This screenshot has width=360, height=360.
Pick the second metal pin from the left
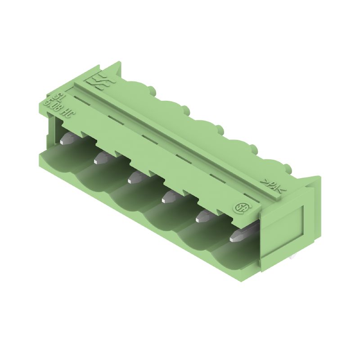tap(103, 157)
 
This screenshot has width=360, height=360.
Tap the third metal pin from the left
tap(135, 177)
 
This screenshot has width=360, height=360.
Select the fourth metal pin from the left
tap(169, 196)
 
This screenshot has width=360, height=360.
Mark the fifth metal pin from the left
tap(203, 216)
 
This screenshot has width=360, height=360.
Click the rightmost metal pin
tap(241, 235)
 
